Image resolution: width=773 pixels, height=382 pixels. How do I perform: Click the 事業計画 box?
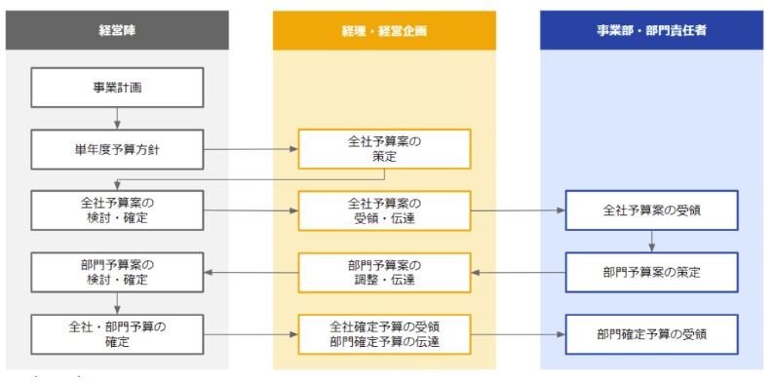[x=117, y=87]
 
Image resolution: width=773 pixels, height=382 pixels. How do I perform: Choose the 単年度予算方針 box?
[x=117, y=149]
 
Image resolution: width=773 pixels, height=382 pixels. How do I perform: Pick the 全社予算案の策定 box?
[x=384, y=149]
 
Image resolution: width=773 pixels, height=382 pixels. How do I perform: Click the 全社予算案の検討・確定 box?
[x=117, y=210]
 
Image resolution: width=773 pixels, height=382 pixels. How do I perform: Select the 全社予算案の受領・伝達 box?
[x=384, y=210]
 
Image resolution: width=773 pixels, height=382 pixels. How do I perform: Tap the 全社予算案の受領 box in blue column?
[x=651, y=210]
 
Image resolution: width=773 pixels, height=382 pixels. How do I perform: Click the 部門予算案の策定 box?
[x=651, y=272]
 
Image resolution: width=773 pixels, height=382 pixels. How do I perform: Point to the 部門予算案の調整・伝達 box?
[x=384, y=272]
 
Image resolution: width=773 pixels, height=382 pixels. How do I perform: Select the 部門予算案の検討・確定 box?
[x=117, y=272]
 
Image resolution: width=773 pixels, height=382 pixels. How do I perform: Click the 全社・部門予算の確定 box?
[x=117, y=333]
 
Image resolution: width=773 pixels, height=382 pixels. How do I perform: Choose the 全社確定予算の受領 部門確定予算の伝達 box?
[x=384, y=333]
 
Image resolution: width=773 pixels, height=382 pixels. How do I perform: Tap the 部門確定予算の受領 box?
[x=651, y=333]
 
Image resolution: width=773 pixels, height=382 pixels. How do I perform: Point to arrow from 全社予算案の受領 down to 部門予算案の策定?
[x=651, y=241]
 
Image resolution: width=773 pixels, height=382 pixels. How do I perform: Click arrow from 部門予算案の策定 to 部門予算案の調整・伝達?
[x=518, y=272]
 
